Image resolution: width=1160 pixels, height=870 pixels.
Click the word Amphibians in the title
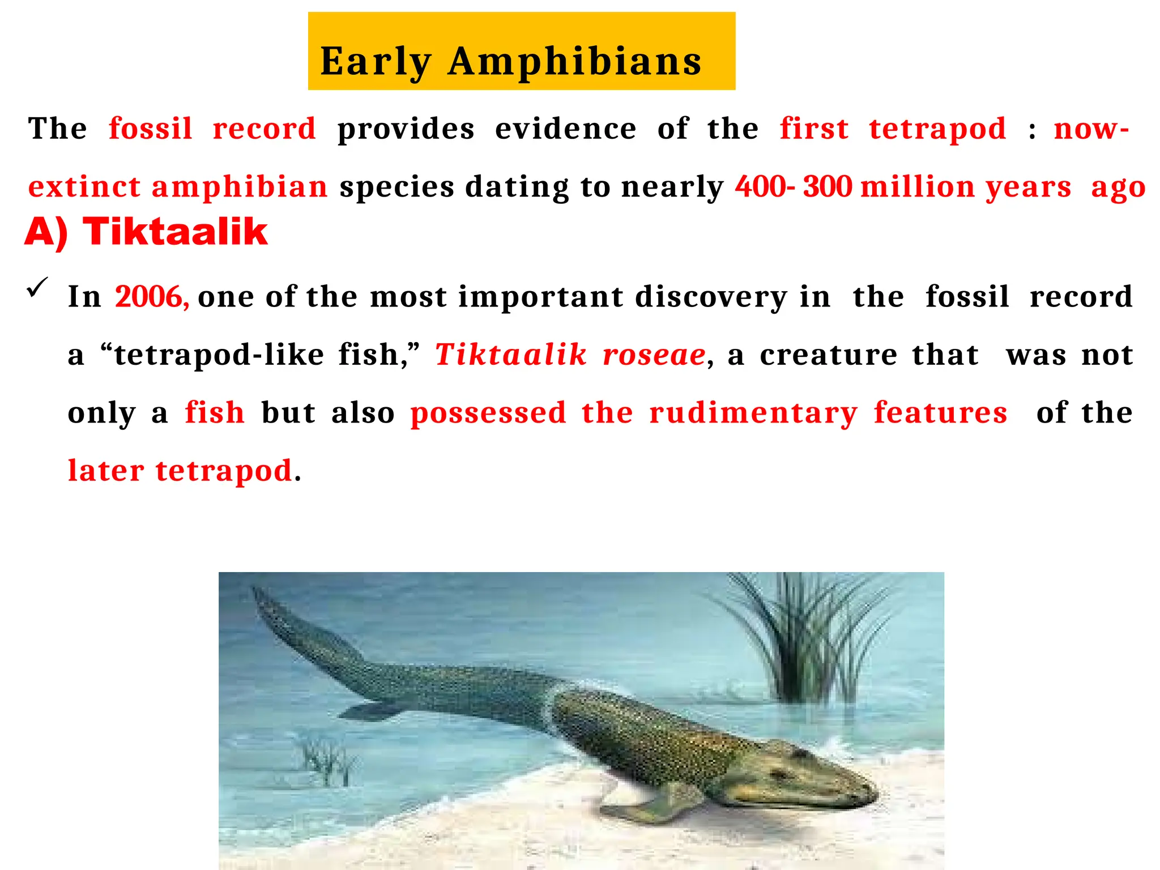pos(574,61)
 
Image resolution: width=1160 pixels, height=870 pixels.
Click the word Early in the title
pos(376,61)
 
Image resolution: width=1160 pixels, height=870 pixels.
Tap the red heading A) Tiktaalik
pos(146,232)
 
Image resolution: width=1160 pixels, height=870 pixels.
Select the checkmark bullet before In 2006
pos(38,288)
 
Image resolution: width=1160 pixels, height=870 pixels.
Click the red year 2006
pos(151,296)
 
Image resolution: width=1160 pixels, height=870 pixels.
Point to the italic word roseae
pos(654,355)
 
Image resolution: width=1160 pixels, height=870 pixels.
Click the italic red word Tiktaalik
pos(511,355)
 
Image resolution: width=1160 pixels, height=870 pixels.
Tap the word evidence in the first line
pos(565,129)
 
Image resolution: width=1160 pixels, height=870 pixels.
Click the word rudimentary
pos(753,413)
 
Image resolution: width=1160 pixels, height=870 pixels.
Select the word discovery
pos(711,296)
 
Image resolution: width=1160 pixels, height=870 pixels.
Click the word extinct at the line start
pos(84,186)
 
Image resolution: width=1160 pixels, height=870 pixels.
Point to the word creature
pos(829,355)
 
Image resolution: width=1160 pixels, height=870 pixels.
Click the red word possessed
pos(488,413)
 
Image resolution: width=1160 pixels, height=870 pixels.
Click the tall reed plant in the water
pos(804,640)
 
